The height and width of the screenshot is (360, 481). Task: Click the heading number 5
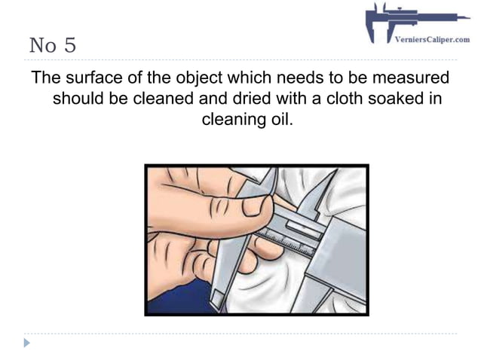click(x=70, y=45)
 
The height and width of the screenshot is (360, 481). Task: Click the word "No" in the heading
click(x=42, y=45)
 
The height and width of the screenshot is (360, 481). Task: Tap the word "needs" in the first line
click(x=303, y=78)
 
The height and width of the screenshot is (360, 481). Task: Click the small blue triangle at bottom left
click(x=27, y=343)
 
